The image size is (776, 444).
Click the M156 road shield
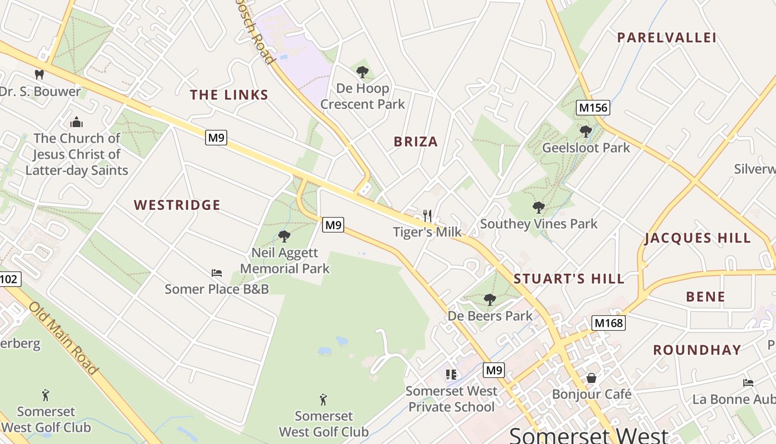point(593,108)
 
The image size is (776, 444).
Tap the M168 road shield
point(608,323)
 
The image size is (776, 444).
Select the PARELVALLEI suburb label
point(666,38)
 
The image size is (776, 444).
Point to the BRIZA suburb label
point(416,142)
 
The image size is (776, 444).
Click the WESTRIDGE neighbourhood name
point(177,205)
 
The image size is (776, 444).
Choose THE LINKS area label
point(229,95)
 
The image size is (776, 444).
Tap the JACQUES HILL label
point(697,239)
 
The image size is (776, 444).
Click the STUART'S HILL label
point(569,279)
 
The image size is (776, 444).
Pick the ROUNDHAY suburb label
point(697,350)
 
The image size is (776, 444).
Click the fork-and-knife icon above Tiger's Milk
point(427,215)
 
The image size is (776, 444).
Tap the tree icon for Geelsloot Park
point(585,132)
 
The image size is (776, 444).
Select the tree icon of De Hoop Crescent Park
point(363,72)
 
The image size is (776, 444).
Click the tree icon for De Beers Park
point(489,300)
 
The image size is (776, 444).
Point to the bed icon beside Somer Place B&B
point(217,273)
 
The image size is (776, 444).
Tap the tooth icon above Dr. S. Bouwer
point(39,74)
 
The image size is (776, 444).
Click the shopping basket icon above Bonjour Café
point(591,378)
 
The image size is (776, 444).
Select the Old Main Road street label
point(63,338)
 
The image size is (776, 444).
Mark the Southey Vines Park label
point(538,224)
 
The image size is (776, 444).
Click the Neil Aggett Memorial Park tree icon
point(284,236)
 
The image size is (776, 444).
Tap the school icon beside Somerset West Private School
point(451,375)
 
